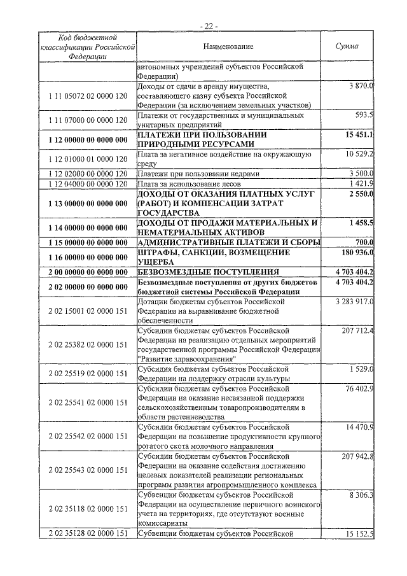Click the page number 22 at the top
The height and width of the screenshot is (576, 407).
click(x=208, y=25)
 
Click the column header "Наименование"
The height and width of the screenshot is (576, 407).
click(x=228, y=46)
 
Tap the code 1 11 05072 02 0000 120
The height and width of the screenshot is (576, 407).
click(x=88, y=95)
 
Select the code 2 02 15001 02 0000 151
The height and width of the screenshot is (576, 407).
click(x=88, y=311)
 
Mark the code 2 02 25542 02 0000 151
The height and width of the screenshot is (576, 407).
click(x=88, y=436)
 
